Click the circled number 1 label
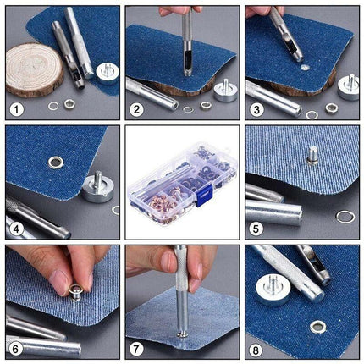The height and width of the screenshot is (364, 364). coord(16,109)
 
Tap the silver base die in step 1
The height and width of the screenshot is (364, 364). coord(107,71)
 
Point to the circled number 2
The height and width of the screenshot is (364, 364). coord(136,109)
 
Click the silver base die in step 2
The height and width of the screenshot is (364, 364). coord(225,90)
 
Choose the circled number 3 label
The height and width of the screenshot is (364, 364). coord(256,109)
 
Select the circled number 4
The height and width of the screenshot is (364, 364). coord(16,229)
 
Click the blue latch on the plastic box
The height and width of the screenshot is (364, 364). coord(202,198)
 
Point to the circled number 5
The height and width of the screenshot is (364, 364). coord(256,229)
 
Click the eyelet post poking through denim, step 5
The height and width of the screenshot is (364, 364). coord(312,154)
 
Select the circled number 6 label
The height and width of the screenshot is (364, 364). coord(16,348)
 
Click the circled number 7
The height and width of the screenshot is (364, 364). coord(136,348)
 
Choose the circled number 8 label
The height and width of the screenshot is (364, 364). coord(256,348)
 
